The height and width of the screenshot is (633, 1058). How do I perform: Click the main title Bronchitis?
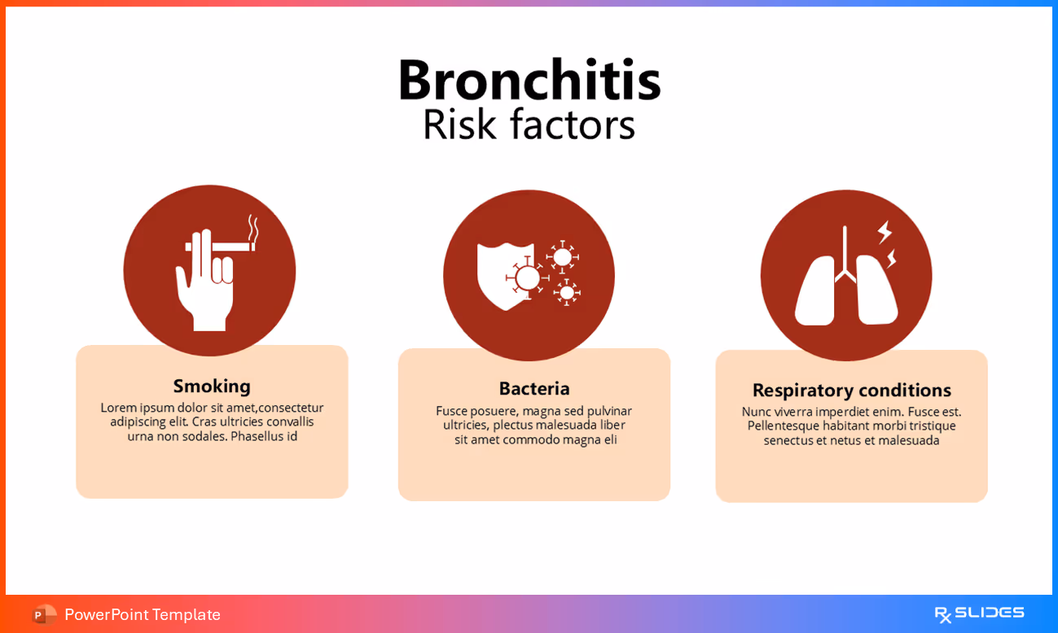click(529, 81)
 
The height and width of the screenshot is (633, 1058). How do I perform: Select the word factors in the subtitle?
click(573, 125)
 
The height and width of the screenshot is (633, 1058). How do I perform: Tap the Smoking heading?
click(212, 386)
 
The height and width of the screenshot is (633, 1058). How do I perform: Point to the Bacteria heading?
click(534, 388)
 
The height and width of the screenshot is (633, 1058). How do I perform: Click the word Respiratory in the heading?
click(801, 391)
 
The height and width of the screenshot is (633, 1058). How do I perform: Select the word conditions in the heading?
click(904, 390)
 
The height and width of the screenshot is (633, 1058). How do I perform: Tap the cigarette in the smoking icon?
click(220, 245)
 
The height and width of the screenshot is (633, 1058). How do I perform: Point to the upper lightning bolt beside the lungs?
click(885, 232)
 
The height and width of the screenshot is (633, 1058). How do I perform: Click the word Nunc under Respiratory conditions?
click(757, 412)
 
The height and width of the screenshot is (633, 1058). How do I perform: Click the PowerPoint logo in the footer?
click(44, 614)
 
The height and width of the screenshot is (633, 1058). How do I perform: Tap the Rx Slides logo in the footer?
click(979, 613)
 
